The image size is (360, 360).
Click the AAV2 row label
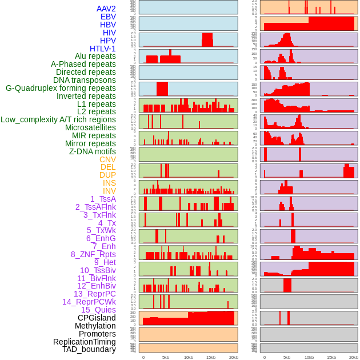pyautogui.click(x=106, y=9)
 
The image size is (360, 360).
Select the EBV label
pyautogui.click(x=108, y=17)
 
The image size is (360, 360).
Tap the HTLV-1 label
pyautogui.click(x=103, y=49)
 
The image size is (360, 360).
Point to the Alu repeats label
pyautogui.click(x=95, y=57)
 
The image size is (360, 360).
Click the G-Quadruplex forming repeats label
pyautogui.click(x=61, y=88)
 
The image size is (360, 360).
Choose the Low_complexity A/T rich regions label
pyautogui.click(x=58, y=119)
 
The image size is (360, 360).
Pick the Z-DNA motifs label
pyautogui.click(x=93, y=151)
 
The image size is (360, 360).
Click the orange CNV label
pyautogui.click(x=107, y=159)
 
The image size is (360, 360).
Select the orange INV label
pyautogui.click(x=109, y=191)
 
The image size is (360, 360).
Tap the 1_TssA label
pyautogui.click(x=103, y=199)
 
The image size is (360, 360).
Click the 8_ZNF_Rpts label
pyautogui.click(x=93, y=254)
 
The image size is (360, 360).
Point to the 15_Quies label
pyautogui.click(x=98, y=310)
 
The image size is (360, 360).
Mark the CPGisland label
pyautogui.click(x=97, y=318)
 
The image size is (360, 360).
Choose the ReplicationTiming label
pyautogui.click(x=84, y=342)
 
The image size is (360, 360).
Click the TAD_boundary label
pyautogui.click(x=89, y=349)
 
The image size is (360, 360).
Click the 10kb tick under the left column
pyautogui.click(x=188, y=357)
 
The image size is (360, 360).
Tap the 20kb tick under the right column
pyautogui.click(x=354, y=357)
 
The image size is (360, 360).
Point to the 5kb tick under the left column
pyautogui.click(x=166, y=357)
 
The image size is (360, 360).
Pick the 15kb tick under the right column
pyautogui.click(x=331, y=357)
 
